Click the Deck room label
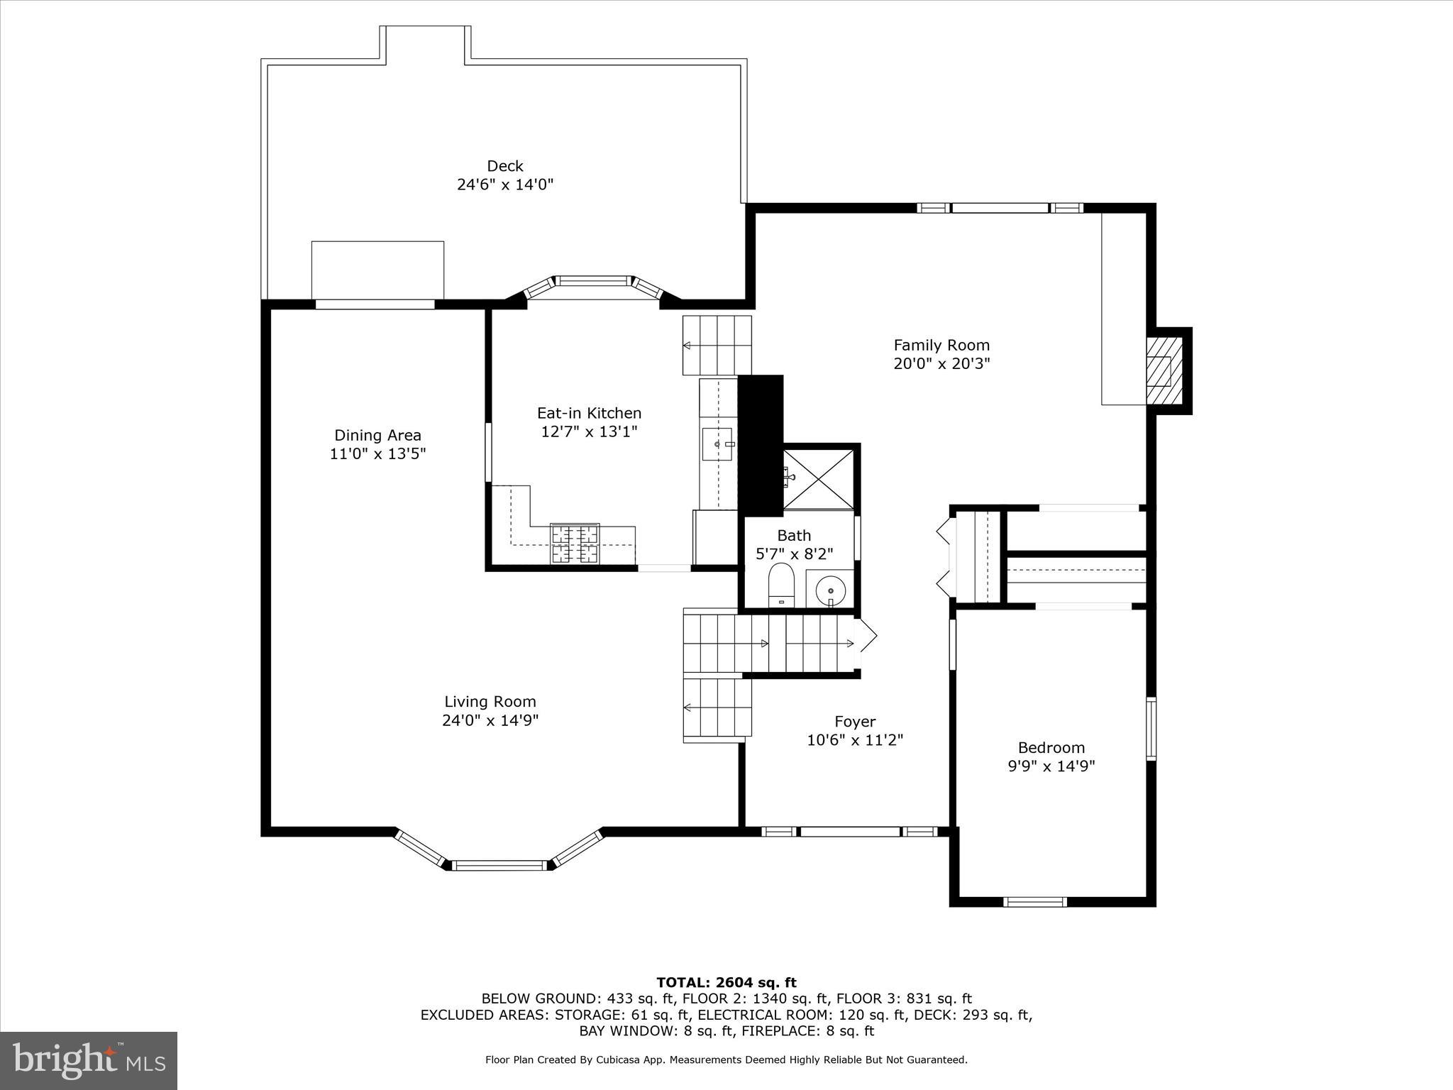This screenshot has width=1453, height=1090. click(504, 166)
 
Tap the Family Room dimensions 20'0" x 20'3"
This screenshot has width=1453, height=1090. click(941, 364)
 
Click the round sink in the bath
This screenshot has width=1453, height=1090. click(830, 589)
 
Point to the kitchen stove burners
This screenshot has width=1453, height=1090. click(575, 544)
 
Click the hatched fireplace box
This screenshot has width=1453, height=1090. click(1164, 370)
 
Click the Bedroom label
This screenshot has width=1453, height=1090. click(1051, 747)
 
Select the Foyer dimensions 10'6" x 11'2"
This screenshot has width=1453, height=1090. click(854, 740)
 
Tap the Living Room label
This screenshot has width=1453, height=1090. click(490, 701)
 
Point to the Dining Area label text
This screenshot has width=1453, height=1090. click(377, 435)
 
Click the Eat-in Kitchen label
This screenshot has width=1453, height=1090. click(589, 413)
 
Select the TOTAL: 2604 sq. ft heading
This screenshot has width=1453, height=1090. click(726, 982)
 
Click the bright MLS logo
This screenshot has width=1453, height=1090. click(88, 1060)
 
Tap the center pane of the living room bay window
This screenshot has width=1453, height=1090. click(499, 865)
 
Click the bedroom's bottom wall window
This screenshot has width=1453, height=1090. click(1035, 902)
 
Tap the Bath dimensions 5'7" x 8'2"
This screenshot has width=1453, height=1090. click(794, 554)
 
